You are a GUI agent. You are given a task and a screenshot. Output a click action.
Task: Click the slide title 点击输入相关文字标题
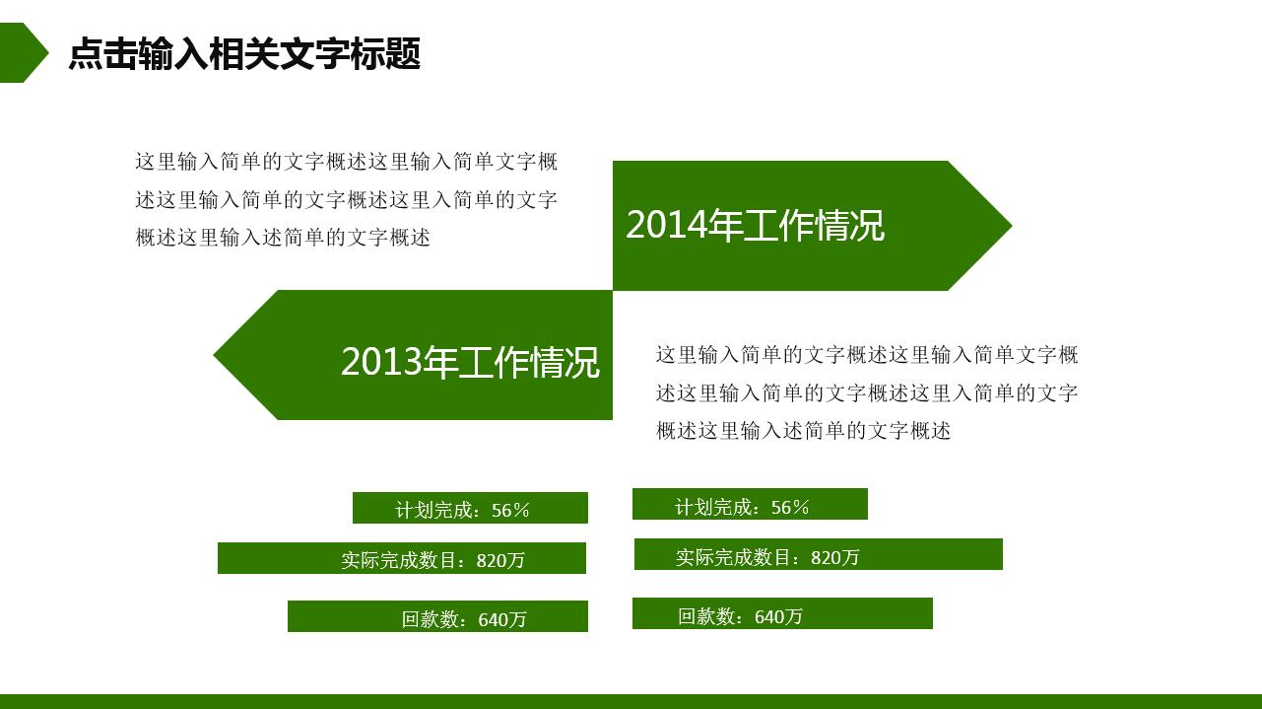pyautogui.click(x=244, y=54)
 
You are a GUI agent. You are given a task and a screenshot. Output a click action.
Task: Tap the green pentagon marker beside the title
pyautogui.click(x=22, y=52)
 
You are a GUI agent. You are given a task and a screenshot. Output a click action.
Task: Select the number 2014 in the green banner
pyautogui.click(x=667, y=226)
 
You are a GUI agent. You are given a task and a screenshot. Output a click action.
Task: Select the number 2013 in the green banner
pyautogui.click(x=381, y=363)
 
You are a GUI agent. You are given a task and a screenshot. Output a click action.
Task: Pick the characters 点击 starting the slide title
pyautogui.click(x=102, y=54)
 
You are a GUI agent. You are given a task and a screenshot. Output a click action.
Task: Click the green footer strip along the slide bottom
pyautogui.click(x=631, y=701)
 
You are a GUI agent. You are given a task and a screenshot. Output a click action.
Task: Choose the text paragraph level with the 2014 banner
pyautogui.click(x=346, y=199)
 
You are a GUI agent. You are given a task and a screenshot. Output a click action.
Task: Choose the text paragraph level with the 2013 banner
pyautogui.click(x=867, y=392)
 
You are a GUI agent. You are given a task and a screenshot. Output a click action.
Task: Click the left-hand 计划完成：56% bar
pyautogui.click(x=470, y=508)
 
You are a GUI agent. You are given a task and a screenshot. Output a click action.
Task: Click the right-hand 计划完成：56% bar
pyautogui.click(x=750, y=505)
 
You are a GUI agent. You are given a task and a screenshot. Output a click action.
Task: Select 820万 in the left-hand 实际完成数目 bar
pyautogui.click(x=500, y=561)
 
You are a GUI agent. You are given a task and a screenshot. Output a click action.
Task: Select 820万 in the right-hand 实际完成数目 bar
pyautogui.click(x=835, y=557)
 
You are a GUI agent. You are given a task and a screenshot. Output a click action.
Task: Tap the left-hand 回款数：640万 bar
pyautogui.click(x=438, y=617)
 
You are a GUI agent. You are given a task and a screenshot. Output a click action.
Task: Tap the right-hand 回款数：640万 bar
pyautogui.click(x=782, y=614)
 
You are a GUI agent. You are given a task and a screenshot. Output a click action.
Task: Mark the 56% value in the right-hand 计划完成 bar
pyautogui.click(x=790, y=508)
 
